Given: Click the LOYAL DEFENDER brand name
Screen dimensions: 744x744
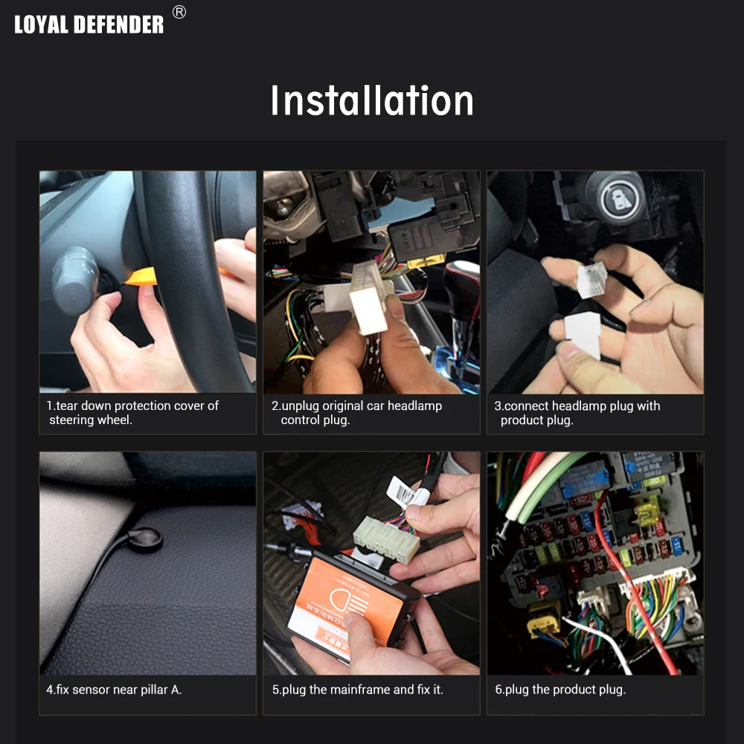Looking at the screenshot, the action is point(89,25).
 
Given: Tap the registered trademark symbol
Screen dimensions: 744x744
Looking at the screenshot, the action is point(179,12).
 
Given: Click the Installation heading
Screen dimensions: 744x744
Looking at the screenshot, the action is point(372,100).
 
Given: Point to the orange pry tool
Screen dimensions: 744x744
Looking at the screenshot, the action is point(142,277).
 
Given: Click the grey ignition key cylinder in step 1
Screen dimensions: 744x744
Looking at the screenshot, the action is point(76,280).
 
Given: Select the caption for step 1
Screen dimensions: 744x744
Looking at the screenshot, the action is point(132,413).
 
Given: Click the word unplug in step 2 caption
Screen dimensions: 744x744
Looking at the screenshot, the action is point(301,406).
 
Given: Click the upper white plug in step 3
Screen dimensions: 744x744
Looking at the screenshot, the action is point(591,280).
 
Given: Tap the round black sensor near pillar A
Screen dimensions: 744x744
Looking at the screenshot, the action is point(144,539).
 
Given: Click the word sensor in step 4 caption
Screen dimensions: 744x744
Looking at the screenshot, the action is point(90,690).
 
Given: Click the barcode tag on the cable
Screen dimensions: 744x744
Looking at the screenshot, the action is point(403,493).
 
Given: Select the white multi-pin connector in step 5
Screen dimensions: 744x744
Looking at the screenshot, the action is point(385,539).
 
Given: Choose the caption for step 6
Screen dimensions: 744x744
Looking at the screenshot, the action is point(560,690).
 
